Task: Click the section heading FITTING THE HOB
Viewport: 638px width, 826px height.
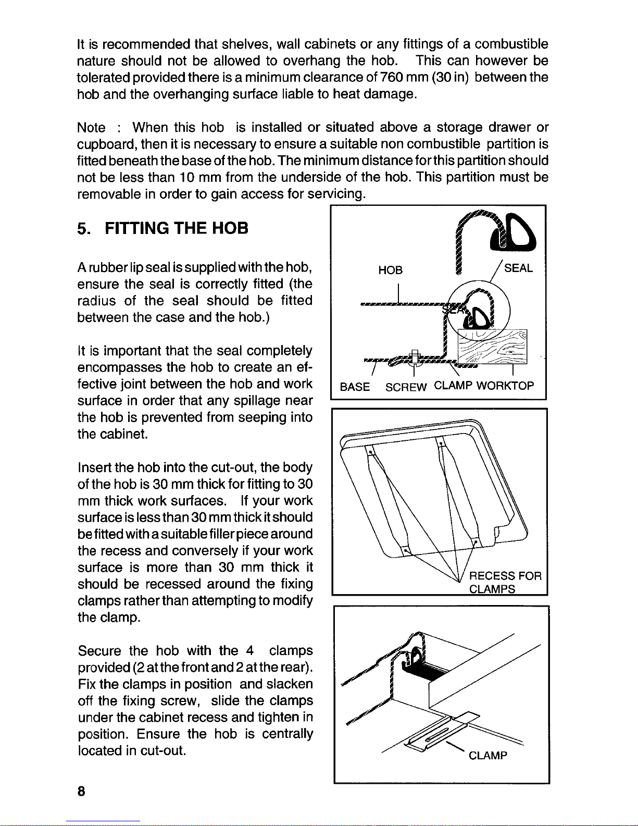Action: [x=177, y=228]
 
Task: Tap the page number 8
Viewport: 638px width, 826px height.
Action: [x=81, y=791]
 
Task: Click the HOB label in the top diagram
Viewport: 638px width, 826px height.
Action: [x=390, y=270]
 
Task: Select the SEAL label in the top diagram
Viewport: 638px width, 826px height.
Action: [x=518, y=268]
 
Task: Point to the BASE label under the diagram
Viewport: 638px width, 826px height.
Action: [x=355, y=387]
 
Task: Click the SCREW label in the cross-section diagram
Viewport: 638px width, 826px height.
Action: [x=406, y=387]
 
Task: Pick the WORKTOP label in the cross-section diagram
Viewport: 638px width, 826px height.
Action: [x=505, y=386]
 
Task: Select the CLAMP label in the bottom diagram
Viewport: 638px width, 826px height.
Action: [x=487, y=756]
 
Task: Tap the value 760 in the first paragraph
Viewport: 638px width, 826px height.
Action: [x=390, y=78]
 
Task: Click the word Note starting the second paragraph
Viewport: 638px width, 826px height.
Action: [x=91, y=128]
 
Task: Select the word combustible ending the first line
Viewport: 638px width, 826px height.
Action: [x=511, y=44]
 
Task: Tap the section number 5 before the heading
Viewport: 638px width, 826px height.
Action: [x=81, y=228]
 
